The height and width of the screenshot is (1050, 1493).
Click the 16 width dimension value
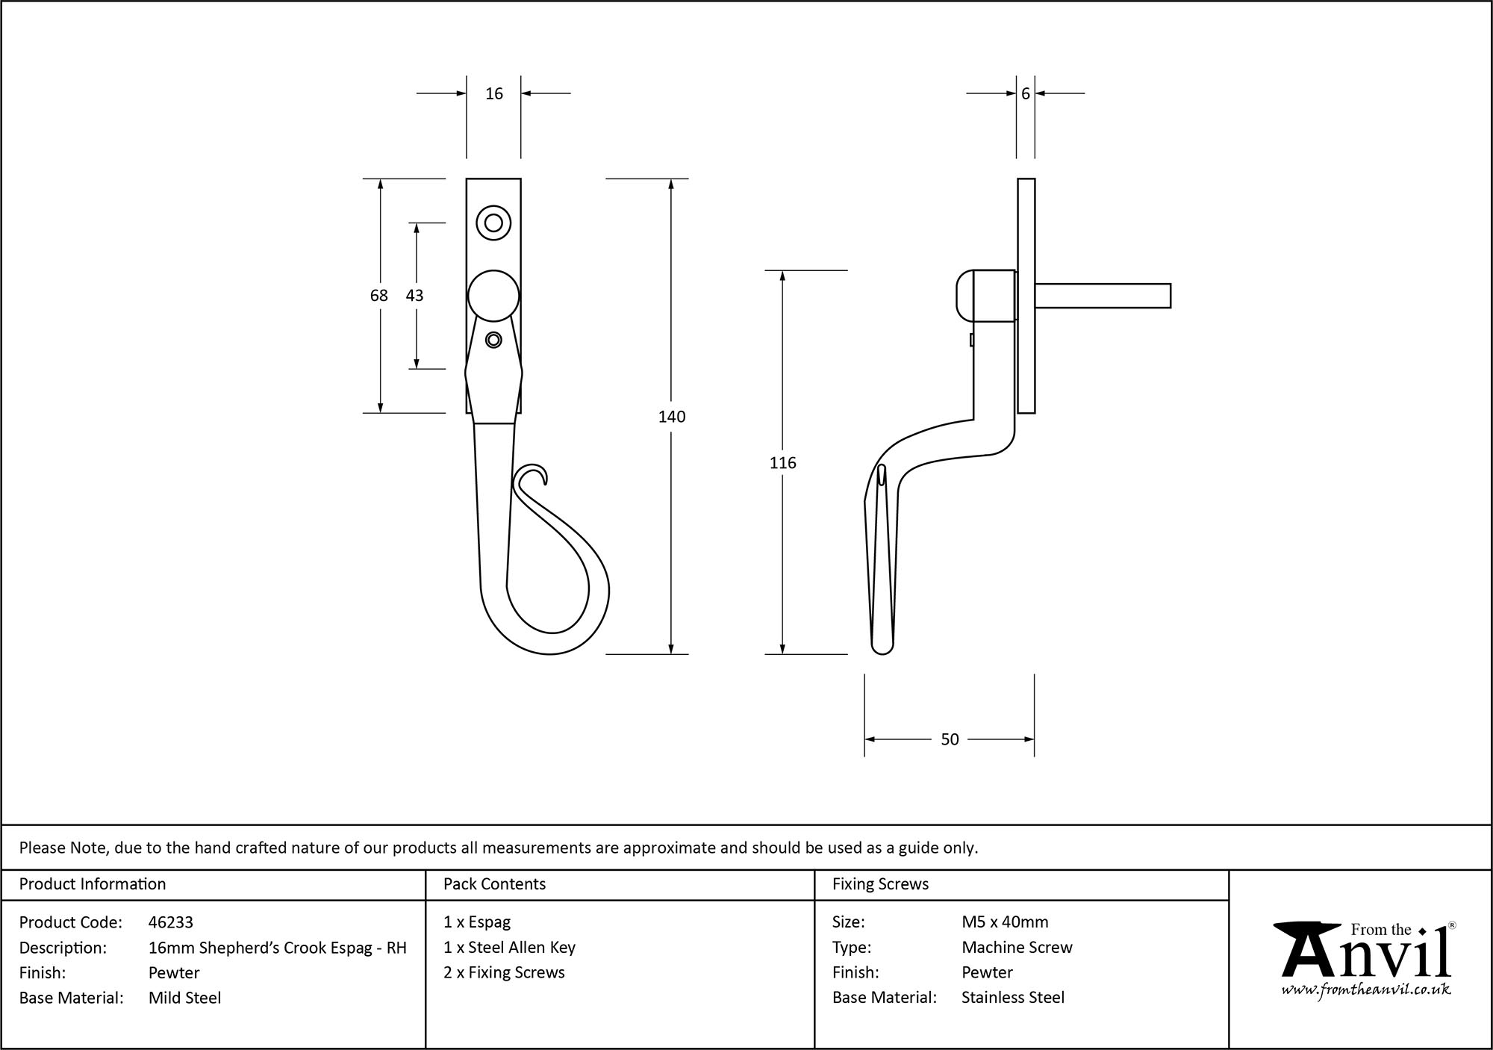coord(494,94)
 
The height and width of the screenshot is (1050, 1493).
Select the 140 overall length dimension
coord(672,417)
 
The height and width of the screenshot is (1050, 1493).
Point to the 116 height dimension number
coord(782,463)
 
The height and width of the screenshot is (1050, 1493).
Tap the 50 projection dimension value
coord(950,739)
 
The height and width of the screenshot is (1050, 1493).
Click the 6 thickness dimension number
coord(1026,94)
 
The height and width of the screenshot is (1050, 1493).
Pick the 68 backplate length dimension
coord(379,296)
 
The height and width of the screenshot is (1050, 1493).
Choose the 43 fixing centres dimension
coord(414,296)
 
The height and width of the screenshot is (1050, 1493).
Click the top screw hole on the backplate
coord(493,223)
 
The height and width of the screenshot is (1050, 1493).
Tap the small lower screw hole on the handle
coord(493,340)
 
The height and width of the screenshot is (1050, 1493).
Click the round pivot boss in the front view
coord(493,296)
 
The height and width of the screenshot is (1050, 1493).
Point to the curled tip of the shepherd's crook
coord(536,472)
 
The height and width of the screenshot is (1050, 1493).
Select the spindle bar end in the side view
coord(1165,296)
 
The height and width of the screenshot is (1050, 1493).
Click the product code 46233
coord(171,922)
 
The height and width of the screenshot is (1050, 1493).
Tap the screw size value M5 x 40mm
coord(1005,922)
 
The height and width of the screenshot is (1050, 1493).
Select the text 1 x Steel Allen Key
coord(509,948)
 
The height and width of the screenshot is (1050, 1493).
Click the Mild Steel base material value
coord(184,998)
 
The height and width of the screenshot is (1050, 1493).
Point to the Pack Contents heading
coord(494,884)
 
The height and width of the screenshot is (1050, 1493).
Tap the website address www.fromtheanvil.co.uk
coord(1366,990)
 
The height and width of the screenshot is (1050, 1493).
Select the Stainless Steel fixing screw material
coord(1013,998)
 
